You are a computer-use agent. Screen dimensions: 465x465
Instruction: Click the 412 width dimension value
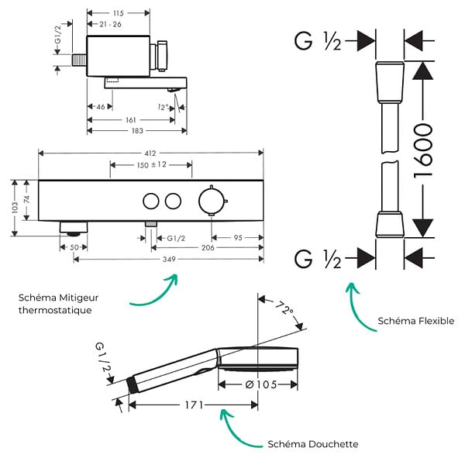coord(150,153)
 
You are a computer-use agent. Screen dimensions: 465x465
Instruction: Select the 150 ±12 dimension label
coord(152,164)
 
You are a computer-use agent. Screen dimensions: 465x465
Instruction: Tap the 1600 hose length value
coord(423,151)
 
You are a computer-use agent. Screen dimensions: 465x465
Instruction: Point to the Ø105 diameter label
coord(261,384)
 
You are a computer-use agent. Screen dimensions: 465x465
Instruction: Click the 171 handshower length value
coord(195,405)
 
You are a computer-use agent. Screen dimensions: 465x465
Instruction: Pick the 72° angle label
coord(284,308)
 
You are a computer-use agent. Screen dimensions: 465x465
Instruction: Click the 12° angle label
coord(163,107)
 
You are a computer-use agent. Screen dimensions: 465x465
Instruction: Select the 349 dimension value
coord(169,259)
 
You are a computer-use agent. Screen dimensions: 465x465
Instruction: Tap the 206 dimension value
coord(208,248)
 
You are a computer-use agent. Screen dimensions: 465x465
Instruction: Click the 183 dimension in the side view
coord(137,131)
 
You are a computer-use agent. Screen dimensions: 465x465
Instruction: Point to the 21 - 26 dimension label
coord(110,24)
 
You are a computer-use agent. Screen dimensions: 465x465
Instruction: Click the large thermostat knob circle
coord(212,201)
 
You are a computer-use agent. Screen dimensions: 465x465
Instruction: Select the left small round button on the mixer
coord(151,201)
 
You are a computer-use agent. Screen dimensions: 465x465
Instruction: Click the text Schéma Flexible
coord(415,321)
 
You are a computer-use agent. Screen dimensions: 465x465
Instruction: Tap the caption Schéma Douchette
coord(313,444)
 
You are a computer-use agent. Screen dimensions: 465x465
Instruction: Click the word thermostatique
coord(55,310)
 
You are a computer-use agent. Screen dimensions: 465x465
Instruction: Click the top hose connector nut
coord(391,82)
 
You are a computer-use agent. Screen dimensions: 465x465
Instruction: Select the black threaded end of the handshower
coord(132,385)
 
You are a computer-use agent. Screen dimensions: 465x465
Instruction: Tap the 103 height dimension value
coord(15,208)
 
